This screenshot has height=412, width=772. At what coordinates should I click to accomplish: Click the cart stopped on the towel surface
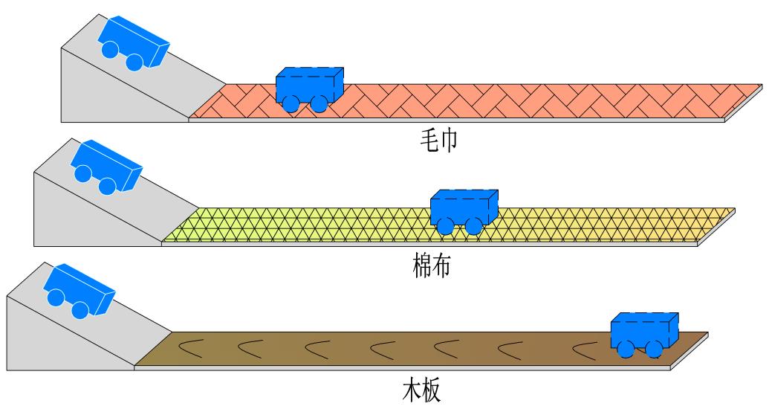(309, 87)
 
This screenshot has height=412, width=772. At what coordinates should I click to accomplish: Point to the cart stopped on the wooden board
(644, 332)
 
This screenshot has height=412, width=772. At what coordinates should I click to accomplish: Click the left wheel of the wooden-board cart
(626, 350)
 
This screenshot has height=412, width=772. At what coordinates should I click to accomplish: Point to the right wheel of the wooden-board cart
(654, 349)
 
